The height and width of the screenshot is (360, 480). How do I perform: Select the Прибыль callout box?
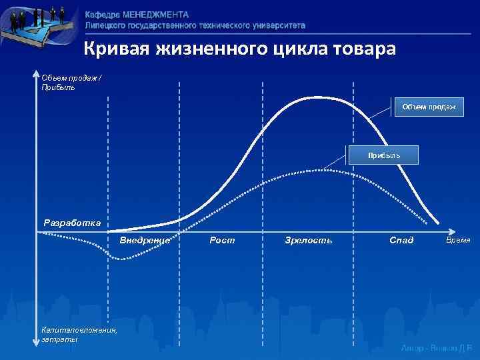click(x=384, y=155)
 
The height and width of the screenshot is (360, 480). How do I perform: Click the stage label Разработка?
click(x=73, y=223)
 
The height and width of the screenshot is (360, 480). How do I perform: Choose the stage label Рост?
click(x=222, y=240)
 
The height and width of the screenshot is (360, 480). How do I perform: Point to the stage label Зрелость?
click(x=308, y=240)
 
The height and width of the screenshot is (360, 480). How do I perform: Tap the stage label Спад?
click(x=401, y=240)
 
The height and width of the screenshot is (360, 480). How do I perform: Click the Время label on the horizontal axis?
click(x=459, y=240)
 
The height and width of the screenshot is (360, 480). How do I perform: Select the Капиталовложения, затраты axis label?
click(x=79, y=335)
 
